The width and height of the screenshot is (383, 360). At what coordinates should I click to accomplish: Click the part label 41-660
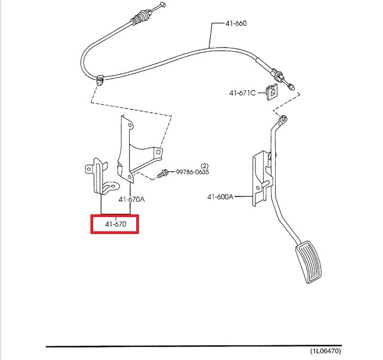point(235,24)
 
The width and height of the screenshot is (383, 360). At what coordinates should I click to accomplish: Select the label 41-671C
point(242,93)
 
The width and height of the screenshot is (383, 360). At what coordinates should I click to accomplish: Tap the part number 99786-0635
point(192,172)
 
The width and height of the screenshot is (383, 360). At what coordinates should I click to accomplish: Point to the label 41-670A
point(131,199)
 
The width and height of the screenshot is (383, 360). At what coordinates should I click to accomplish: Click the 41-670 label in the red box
point(114,224)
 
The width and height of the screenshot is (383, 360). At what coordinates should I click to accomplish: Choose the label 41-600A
point(220,197)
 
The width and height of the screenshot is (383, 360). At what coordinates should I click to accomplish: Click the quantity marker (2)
point(205,165)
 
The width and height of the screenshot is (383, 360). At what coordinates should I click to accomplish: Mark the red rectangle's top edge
point(114,215)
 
